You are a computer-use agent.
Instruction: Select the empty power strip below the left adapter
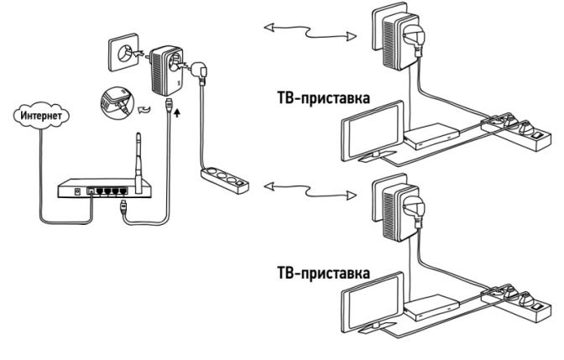(x=222, y=177)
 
